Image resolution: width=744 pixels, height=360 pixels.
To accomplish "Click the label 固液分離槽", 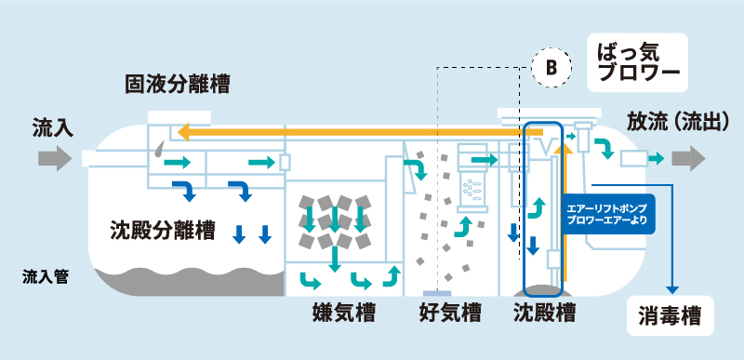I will click(178, 86).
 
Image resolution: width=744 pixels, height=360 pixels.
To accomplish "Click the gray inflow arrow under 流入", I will click(54, 159).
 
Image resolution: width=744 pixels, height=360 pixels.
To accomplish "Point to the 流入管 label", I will click(46, 277).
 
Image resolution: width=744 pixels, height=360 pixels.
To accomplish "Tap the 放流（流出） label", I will click(683, 123).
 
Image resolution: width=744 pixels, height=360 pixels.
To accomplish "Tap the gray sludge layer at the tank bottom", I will click(186, 280).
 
